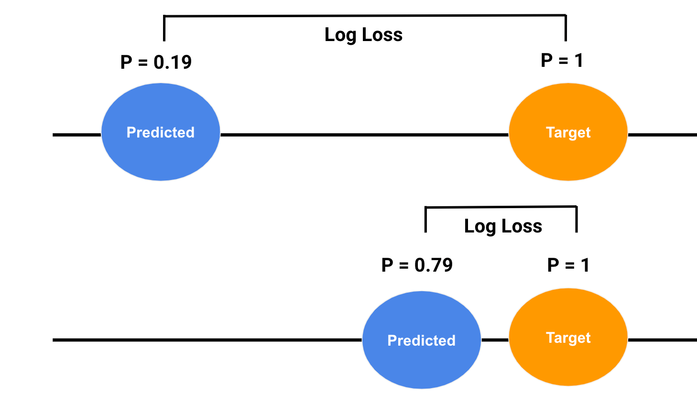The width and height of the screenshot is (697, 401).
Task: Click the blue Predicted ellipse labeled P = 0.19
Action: pos(161,132)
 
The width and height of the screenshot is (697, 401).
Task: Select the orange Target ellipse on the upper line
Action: pos(568,132)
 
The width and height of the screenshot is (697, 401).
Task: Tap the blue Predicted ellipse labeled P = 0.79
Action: pos(421,340)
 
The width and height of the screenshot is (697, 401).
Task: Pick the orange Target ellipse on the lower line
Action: pos(568,337)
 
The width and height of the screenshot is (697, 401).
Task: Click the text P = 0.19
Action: pos(156,62)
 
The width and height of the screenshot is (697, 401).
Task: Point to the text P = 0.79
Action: pos(417,265)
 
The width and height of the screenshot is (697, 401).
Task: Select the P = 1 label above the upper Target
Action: pos(562,61)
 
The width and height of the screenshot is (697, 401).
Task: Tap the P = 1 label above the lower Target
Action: pos(568,265)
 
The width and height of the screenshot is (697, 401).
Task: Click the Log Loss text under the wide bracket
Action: pos(363,35)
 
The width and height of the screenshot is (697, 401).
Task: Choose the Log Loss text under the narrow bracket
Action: pos(503,226)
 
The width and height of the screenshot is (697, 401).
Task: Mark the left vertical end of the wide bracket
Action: pos(164,29)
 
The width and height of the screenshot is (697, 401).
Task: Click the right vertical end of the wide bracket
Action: pos(566,28)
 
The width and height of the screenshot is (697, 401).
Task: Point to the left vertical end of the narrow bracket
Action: pos(425,220)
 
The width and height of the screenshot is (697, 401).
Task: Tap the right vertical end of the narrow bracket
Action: pos(577,219)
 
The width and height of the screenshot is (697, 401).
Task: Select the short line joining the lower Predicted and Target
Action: pos(495,340)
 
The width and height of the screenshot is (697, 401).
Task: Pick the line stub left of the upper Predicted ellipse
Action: pos(77,135)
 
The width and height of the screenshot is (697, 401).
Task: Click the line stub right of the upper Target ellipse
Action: pos(662,135)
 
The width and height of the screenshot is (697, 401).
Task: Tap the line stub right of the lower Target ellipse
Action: pos(662,340)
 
